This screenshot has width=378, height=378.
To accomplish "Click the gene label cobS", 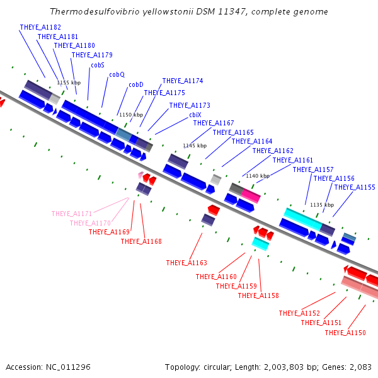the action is point(98,65).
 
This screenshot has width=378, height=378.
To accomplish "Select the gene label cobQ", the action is point(117,75).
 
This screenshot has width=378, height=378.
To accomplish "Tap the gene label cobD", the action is point(136,84).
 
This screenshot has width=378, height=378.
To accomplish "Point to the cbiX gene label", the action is point(195,115).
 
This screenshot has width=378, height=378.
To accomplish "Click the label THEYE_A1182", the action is point(40,27).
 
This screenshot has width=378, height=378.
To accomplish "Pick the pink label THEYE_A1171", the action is point(72,214).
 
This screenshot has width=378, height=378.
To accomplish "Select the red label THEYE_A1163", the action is point(186,263).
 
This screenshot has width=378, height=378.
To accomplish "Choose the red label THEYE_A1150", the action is point(345,333).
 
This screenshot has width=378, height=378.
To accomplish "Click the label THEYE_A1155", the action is point(355,187).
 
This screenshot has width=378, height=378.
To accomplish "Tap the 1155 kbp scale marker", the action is point(69,83).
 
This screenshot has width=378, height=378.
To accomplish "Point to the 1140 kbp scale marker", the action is point(258,176).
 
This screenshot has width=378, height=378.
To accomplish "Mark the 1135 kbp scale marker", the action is point(322,205).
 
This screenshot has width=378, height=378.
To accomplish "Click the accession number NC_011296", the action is point(68,367).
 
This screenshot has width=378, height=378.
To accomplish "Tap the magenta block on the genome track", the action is point(251,196).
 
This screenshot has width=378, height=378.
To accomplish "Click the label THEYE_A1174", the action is point(183,81).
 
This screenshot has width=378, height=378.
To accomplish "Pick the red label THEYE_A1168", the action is point(141,241).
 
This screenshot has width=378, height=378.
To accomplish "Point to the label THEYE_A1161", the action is point(293,160).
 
